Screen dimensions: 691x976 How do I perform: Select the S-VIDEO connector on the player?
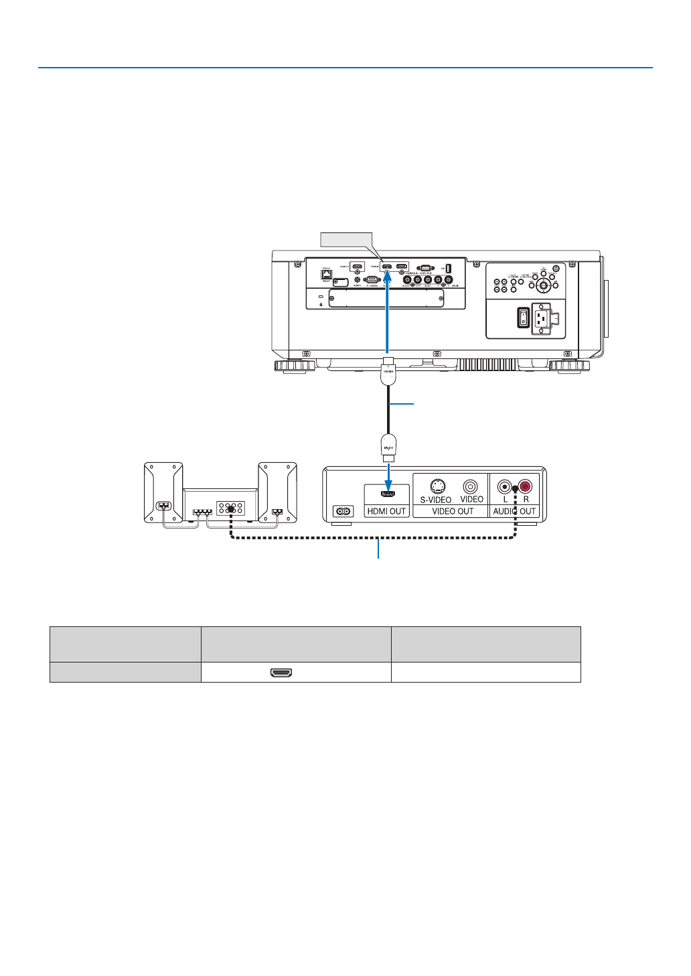pos(436,486)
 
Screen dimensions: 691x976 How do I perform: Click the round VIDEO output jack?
pos(471,486)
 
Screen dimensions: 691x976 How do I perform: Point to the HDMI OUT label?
pos(386,511)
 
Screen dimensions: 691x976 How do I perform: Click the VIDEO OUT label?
pos(453,511)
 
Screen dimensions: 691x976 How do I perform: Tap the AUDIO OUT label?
pos(514,511)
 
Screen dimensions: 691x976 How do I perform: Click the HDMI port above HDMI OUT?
pos(386,494)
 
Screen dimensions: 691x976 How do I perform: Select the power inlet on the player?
pos(343,510)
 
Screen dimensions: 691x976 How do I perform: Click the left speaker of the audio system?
pos(163,492)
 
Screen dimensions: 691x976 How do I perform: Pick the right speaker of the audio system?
pos(278,492)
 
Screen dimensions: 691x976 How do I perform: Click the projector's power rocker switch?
pos(523,317)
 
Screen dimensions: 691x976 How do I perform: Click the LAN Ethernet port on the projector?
pos(327,275)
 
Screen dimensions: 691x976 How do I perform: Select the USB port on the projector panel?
pos(448,268)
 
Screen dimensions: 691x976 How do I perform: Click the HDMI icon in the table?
pos(281,673)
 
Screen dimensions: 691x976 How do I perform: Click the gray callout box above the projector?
pos(345,240)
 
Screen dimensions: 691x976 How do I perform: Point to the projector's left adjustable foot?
pos(294,366)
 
